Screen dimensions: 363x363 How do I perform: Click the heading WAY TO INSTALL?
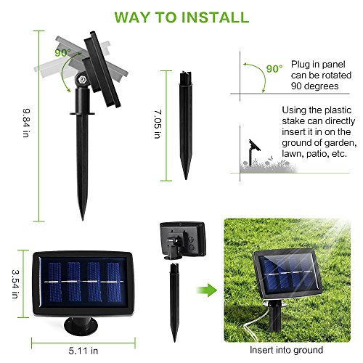tap(181, 17)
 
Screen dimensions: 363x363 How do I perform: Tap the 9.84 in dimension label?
tap(26, 123)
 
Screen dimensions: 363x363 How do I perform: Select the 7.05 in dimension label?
tap(158, 124)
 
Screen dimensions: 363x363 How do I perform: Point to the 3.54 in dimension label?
tap(15, 284)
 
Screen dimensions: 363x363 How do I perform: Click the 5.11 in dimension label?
tap(83, 351)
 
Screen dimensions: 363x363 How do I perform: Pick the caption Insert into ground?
tap(286, 350)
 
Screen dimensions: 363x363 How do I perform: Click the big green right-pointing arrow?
tap(207, 290)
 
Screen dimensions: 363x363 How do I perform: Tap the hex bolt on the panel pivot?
tap(81, 79)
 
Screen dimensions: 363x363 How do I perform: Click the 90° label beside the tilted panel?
tap(62, 53)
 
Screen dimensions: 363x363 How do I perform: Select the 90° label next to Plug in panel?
tap(274, 69)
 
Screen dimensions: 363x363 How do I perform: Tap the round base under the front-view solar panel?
tap(81, 326)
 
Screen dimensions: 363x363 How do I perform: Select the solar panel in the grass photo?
tap(287, 273)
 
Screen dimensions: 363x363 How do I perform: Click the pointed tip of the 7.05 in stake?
tap(186, 179)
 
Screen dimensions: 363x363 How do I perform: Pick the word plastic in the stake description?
tap(338, 110)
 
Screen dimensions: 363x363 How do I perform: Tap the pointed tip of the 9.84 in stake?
tap(83, 220)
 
